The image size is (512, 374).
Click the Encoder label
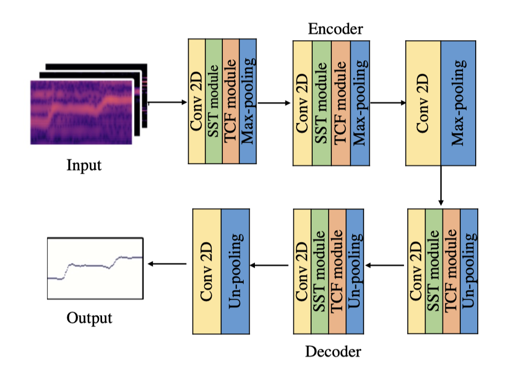pos(335,29)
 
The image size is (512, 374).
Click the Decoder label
pos(333,351)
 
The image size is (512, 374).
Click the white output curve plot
pos(95,267)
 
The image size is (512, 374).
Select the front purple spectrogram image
pos(81,112)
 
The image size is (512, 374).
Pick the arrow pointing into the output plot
pos(167,263)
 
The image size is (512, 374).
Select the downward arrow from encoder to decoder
pos(441,185)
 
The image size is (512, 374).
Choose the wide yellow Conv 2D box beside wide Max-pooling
pos(423,102)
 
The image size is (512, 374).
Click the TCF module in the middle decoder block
pos(337,271)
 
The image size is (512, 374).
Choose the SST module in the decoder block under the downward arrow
pos(434,271)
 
